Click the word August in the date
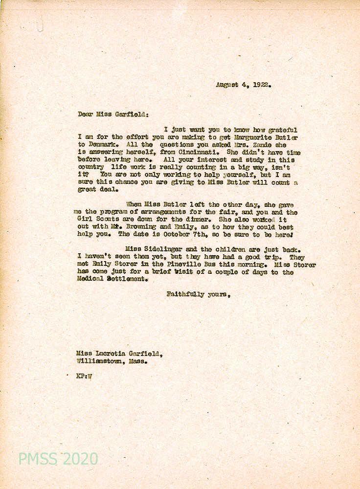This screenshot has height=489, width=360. click(227, 84)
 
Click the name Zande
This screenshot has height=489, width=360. click(250, 145)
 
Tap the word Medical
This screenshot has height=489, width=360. click(90, 280)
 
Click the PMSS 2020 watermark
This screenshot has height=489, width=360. click(58, 459)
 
